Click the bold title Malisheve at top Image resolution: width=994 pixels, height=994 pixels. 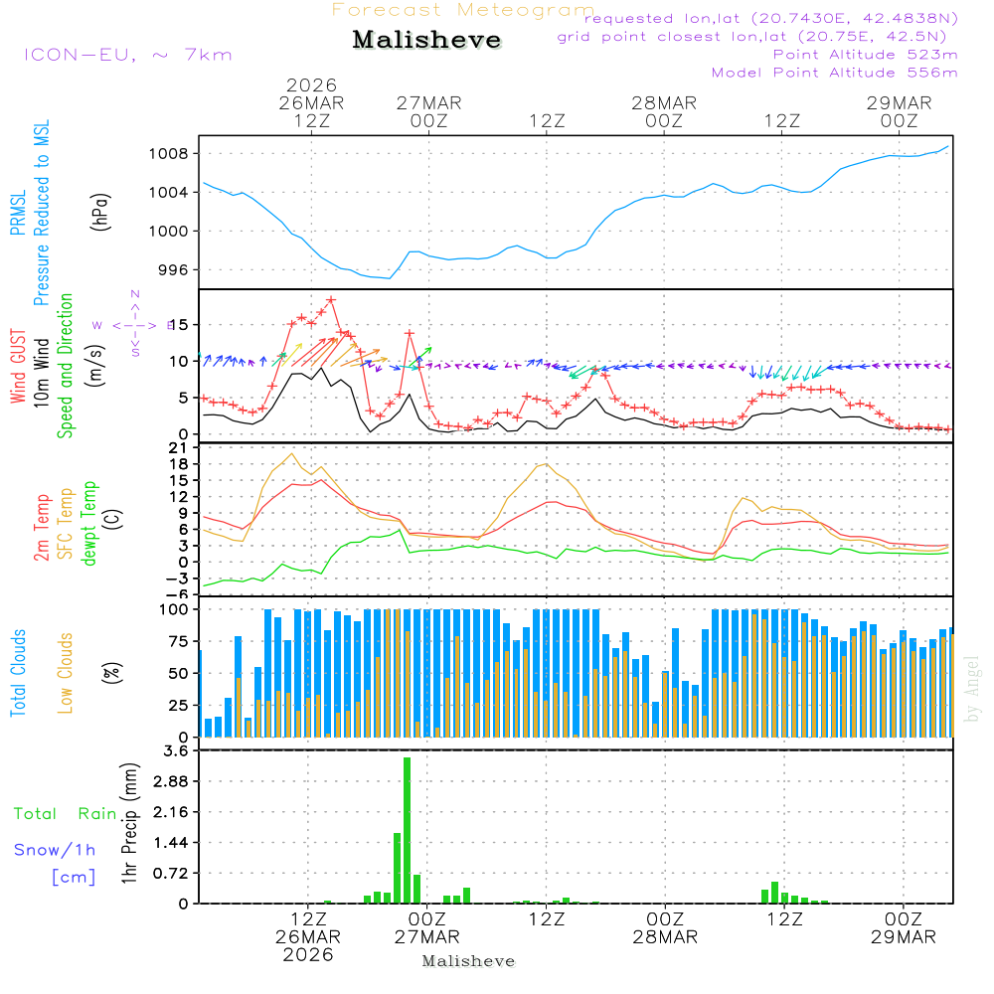[426, 41]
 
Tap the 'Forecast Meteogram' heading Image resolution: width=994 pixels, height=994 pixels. [463, 10]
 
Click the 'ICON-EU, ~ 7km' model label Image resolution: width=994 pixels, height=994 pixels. [127, 55]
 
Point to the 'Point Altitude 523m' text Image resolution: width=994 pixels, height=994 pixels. [865, 55]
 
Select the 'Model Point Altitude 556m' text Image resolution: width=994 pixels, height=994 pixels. [835, 73]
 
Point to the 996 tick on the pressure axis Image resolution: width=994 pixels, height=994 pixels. [183, 270]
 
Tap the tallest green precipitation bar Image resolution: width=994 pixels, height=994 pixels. [407, 830]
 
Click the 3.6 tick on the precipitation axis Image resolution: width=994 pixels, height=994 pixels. [175, 750]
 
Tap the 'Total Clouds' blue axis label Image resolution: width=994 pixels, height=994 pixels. [19, 673]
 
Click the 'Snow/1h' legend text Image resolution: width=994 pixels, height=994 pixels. [56, 850]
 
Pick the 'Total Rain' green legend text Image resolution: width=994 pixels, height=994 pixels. [65, 814]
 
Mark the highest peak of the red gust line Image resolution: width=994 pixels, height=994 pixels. [331, 299]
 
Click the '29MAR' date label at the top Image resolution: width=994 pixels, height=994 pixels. [899, 103]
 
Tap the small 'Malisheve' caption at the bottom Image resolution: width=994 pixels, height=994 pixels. [468, 961]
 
